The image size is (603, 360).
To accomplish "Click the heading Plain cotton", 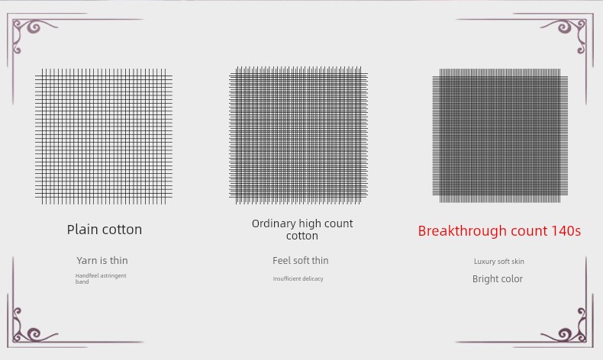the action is (x=105, y=230).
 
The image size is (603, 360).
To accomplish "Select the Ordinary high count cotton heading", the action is (x=302, y=230).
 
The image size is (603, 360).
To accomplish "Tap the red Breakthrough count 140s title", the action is (x=499, y=230).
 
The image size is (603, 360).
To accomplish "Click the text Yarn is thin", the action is (x=102, y=261).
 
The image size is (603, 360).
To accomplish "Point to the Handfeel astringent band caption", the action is (x=101, y=278).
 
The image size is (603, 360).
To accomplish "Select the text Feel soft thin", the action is (x=300, y=261).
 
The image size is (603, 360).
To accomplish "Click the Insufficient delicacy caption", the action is (x=298, y=279).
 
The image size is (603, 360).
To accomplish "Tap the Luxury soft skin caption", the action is (x=498, y=262).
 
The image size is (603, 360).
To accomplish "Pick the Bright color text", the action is (x=498, y=279).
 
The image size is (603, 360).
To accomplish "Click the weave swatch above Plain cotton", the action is (x=104, y=137).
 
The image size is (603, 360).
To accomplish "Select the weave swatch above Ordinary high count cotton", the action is (x=298, y=135).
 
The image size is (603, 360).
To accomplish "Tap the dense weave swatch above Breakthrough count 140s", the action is (x=500, y=136).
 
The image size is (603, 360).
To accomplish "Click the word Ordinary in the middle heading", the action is (x=274, y=223).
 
